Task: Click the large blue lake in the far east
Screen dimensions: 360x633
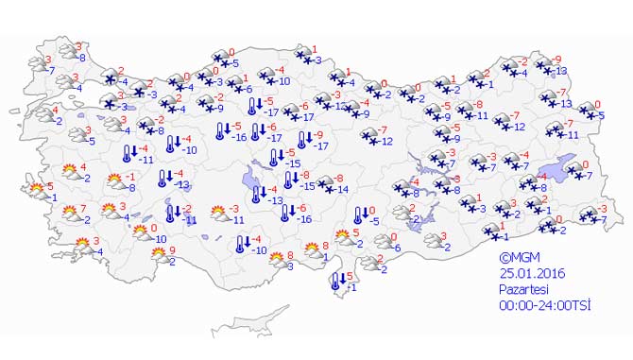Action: [x=571, y=170]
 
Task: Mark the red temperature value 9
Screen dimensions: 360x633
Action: [x=171, y=250]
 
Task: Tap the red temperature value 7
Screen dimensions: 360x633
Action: [x=83, y=209]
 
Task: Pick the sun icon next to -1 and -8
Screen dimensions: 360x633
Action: [x=114, y=181]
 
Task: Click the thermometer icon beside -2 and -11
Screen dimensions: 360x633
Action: [x=171, y=214]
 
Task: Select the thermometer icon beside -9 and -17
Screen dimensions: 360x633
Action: [x=303, y=141]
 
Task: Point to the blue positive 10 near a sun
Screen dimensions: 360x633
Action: [x=161, y=239]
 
